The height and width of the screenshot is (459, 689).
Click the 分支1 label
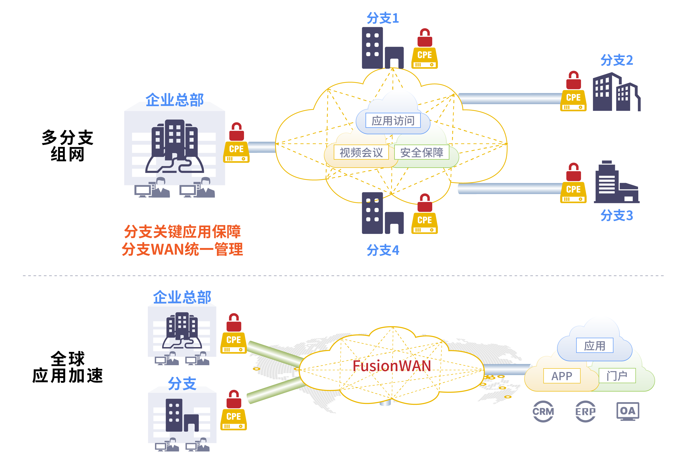coord(383,18)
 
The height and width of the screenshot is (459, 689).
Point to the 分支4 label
coord(383,250)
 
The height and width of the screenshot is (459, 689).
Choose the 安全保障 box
coord(422,152)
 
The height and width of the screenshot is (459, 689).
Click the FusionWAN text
coord(392,366)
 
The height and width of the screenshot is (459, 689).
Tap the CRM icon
coord(543,411)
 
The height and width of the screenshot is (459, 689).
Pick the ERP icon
coord(585,411)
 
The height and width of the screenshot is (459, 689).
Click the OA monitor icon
coord(628,411)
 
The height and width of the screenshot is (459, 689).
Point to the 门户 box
coord(617,376)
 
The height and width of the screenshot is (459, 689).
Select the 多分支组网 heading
coord(67,146)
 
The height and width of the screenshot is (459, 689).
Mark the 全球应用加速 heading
coord(67,367)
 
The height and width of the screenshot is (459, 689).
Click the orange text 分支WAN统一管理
coord(182,249)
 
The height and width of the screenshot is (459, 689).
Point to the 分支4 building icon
coord(382,213)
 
